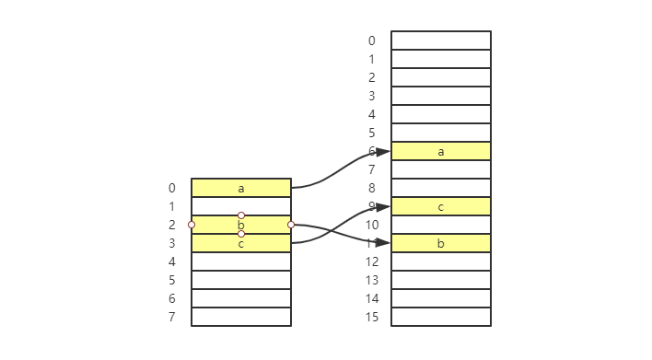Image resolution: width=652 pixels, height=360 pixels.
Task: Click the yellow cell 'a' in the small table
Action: pos(241,188)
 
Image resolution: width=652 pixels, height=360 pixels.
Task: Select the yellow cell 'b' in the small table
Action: pos(241,225)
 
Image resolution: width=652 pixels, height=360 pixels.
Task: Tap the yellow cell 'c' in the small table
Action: pos(241,243)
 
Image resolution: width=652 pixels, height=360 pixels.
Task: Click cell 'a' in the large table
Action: pos(441,151)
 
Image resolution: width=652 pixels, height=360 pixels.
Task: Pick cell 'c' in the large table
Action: pos(441,206)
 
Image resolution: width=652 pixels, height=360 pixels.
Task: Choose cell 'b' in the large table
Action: pos(441,243)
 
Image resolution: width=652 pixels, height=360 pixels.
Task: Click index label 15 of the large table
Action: pos(371,317)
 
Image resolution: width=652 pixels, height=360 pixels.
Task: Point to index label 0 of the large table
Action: pos(371,41)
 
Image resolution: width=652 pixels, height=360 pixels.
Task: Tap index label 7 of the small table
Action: pos(171,317)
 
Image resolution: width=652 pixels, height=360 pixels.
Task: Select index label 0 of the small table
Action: pos(171,188)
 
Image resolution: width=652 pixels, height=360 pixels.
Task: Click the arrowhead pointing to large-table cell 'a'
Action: pos(383,152)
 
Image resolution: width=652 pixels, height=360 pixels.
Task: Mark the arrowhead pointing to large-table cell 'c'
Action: pos(383,207)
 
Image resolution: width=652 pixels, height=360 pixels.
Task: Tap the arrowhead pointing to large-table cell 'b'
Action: pos(383,243)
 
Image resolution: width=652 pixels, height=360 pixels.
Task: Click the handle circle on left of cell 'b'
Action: pos(192,225)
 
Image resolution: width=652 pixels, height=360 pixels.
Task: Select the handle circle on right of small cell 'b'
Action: pos(291,225)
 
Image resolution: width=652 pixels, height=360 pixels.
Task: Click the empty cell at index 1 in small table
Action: pos(241,206)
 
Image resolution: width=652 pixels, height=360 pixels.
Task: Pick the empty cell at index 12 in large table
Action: pos(441,261)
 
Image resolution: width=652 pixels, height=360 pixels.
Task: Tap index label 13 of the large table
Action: pos(371,280)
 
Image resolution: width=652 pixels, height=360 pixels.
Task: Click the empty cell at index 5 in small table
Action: pos(241,280)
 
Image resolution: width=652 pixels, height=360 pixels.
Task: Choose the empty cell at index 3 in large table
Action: pos(441,96)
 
